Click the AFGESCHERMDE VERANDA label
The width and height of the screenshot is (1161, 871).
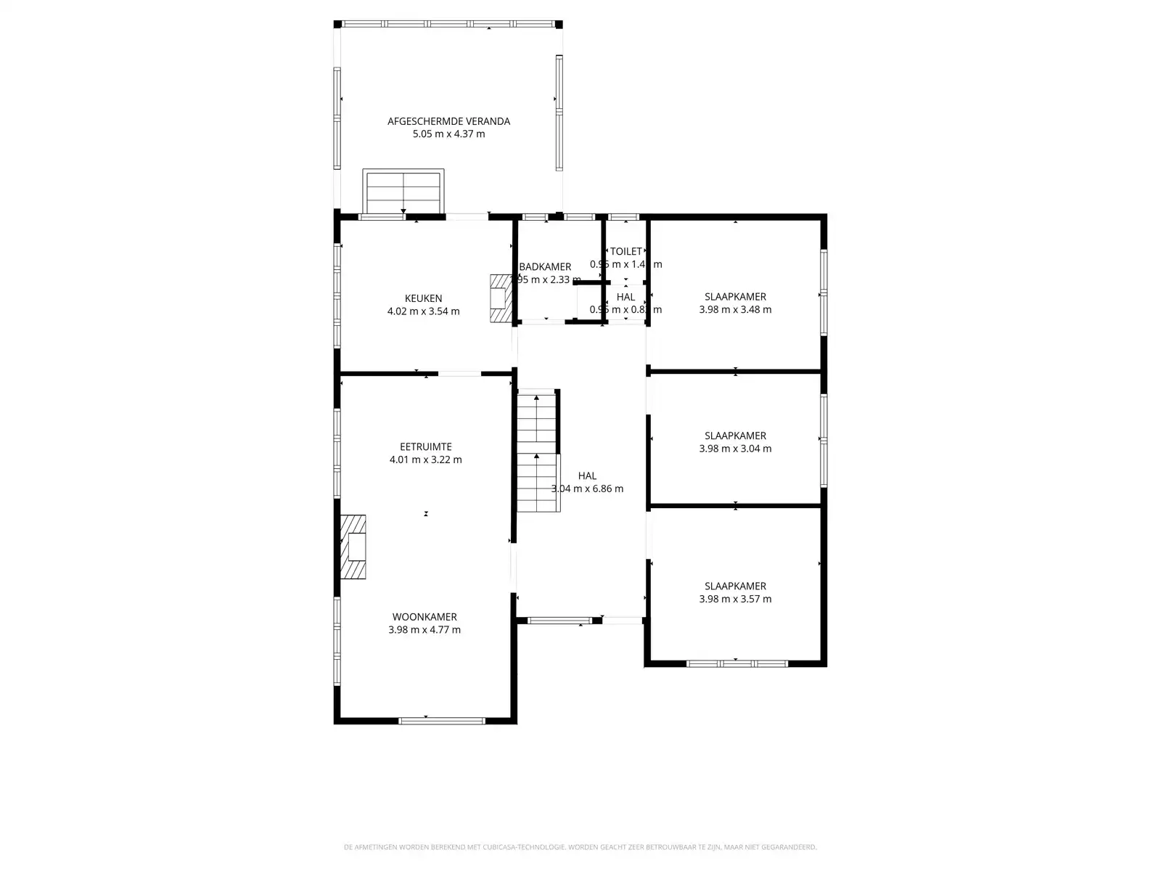pos(448,121)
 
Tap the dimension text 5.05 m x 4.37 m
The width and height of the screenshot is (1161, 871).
pos(448,134)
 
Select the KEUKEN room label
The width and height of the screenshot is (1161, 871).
pos(423,298)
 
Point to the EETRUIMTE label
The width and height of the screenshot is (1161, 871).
pos(425,447)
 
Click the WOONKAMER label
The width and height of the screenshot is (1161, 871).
pos(424,617)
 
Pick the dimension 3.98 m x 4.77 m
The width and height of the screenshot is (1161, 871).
pos(424,630)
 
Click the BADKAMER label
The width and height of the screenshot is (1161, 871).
pos(545,267)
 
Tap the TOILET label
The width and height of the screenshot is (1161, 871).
pos(625,251)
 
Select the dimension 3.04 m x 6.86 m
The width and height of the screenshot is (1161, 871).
pos(587,488)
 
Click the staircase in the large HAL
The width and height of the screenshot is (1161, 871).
pos(537,450)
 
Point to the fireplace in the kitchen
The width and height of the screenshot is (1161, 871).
pos(501,298)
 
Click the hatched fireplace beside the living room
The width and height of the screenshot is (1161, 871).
pos(353,547)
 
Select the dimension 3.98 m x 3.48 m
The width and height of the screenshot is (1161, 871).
pos(735,309)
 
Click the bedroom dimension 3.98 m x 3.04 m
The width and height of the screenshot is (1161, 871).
pos(735,449)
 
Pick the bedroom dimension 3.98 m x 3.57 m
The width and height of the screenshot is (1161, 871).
pos(735,599)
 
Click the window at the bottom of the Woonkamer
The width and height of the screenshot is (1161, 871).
pos(441,721)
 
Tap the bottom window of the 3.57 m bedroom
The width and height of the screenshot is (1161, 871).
pos(737,663)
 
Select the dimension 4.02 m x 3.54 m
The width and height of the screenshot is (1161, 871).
pos(423,311)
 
